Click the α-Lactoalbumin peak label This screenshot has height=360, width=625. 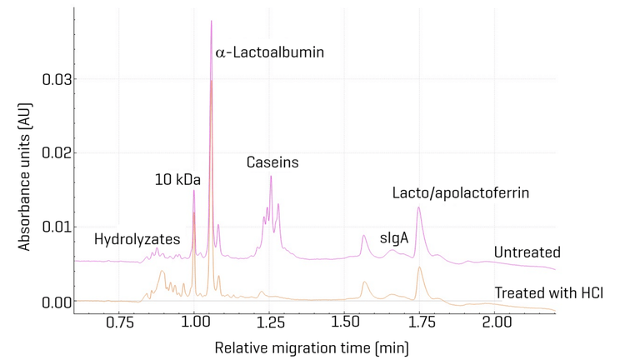pyautogui.click(x=269, y=52)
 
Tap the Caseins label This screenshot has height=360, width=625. pyautogui.click(x=272, y=162)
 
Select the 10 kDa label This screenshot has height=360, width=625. pyautogui.click(x=177, y=179)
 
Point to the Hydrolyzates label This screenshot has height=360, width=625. pyautogui.click(x=137, y=239)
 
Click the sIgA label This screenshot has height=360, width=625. pyautogui.click(x=394, y=237)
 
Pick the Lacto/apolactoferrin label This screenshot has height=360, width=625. pyautogui.click(x=461, y=193)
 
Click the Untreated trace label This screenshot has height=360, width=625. pyautogui.click(x=527, y=252)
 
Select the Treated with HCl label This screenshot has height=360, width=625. pyautogui.click(x=548, y=292)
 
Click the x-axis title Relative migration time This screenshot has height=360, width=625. pyautogui.click(x=312, y=346)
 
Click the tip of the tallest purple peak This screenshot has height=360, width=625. pyautogui.click(x=211, y=21)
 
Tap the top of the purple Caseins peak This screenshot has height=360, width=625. pyautogui.click(x=271, y=176)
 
